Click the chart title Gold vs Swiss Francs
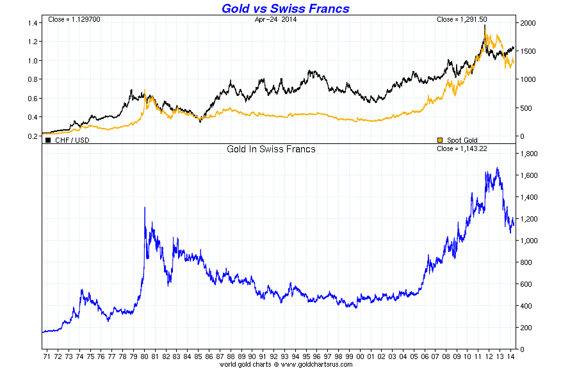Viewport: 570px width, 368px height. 285,8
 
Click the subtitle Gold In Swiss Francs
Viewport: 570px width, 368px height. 271,149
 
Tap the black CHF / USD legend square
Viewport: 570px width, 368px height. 48,140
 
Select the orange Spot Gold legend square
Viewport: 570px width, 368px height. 439,140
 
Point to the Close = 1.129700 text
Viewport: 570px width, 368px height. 74,19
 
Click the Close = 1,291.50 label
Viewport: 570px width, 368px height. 462,19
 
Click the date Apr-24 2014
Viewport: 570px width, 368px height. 275,19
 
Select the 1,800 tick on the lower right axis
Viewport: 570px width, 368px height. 530,154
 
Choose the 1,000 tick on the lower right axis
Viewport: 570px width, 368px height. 530,241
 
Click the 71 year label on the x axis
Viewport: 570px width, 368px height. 47,355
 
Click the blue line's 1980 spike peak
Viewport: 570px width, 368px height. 145,207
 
